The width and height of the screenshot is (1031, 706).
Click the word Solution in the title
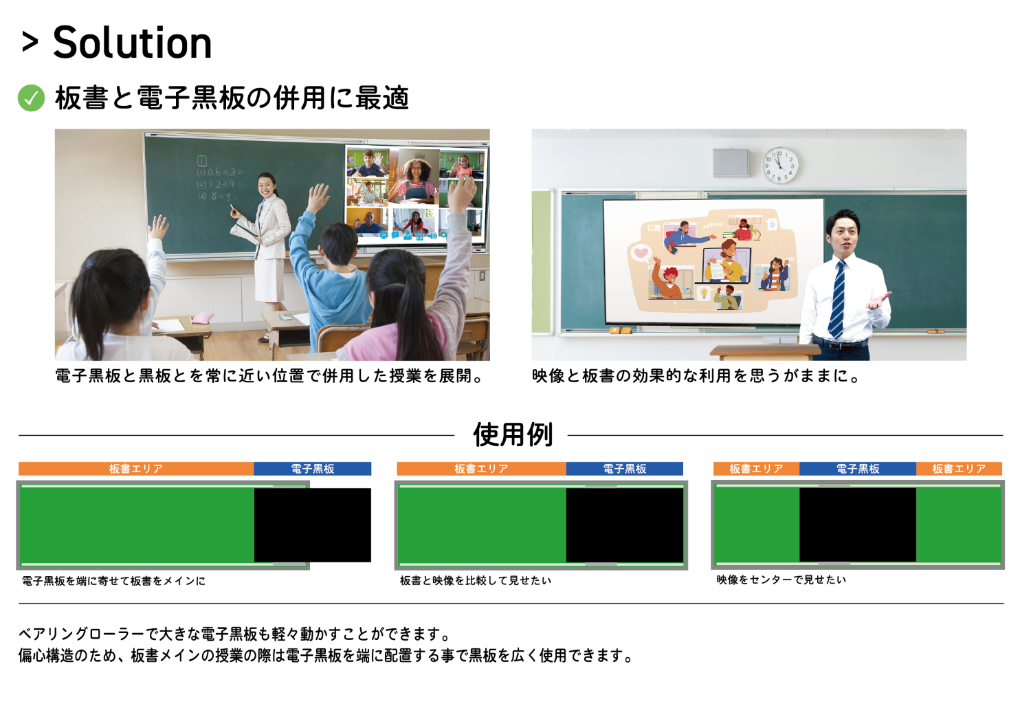tap(132, 43)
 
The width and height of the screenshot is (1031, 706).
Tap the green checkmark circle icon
tap(32, 98)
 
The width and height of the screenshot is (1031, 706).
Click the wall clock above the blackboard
tap(779, 166)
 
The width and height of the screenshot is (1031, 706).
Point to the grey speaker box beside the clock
tap(731, 163)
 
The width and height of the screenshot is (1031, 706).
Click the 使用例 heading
tap(513, 434)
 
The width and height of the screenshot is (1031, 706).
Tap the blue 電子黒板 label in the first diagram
tap(313, 469)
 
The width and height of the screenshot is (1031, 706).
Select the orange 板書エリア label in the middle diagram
tap(481, 469)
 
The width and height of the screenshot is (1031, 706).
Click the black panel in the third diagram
tap(858, 525)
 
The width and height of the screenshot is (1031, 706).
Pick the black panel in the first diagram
tap(313, 525)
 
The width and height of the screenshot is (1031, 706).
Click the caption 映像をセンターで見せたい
tap(781, 580)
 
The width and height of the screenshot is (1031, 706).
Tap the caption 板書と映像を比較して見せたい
tap(476, 581)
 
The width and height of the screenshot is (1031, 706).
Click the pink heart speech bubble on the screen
tap(640, 253)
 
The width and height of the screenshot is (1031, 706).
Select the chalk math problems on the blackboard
tap(220, 179)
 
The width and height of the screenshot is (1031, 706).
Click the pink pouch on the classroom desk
tap(203, 318)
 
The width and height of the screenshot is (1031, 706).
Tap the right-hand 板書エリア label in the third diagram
tap(960, 469)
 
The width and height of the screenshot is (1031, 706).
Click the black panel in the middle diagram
tap(625, 525)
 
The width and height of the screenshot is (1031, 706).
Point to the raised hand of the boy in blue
tap(318, 198)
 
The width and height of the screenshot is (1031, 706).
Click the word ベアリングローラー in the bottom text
tap(81, 635)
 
